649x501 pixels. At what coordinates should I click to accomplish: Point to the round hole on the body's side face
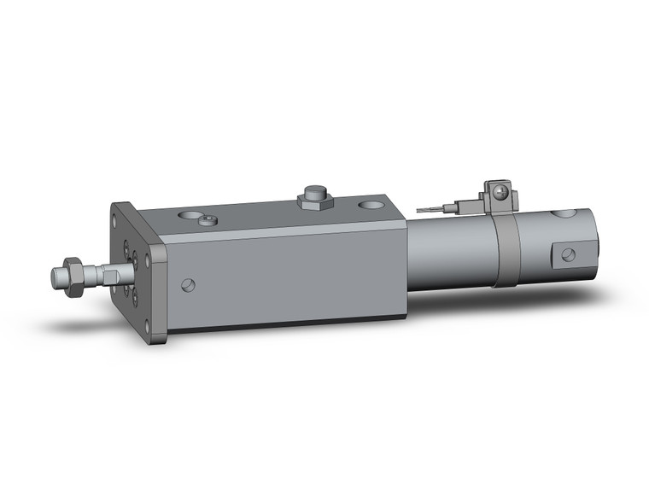point(189,285)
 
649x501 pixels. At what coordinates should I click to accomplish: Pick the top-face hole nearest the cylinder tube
point(371,205)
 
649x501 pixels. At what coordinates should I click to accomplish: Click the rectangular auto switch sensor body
point(465,206)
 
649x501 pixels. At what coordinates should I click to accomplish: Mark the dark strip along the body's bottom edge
point(282,323)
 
